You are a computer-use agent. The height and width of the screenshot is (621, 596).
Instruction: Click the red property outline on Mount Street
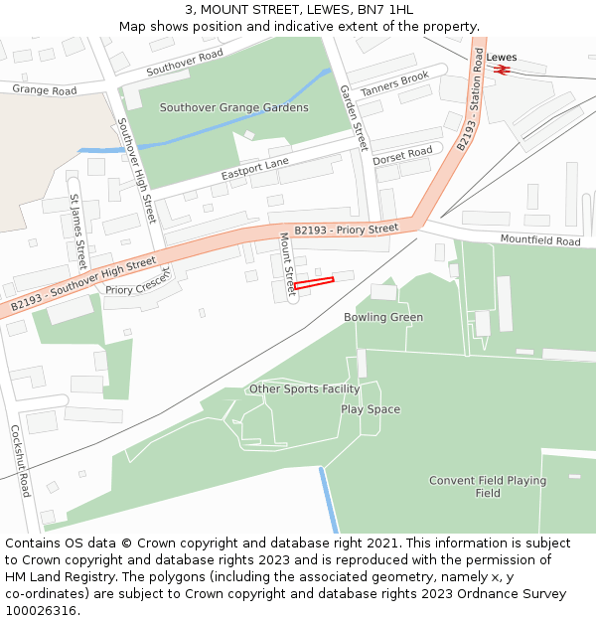click(313, 283)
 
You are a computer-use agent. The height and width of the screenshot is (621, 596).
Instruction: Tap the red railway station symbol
click(502, 70)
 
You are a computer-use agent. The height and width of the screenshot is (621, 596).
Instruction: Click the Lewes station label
click(502, 58)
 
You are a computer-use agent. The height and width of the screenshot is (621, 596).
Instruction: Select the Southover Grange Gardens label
click(234, 107)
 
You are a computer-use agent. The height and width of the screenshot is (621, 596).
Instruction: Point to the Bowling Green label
click(383, 318)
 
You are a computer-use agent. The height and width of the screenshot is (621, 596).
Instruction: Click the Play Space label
click(371, 409)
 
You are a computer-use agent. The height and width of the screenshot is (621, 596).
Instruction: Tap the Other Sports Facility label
click(304, 389)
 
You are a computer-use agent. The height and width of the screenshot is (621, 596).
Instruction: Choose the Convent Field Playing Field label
click(488, 487)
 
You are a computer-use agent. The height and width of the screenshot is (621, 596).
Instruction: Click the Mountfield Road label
click(540, 240)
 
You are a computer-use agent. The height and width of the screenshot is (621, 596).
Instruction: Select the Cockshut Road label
click(20, 461)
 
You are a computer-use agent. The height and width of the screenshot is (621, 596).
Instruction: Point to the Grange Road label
click(45, 90)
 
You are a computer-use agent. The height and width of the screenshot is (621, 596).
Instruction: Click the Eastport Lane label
click(255, 169)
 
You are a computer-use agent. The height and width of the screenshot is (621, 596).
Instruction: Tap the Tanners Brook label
click(394, 83)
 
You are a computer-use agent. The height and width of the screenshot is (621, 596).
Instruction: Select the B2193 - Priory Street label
click(346, 230)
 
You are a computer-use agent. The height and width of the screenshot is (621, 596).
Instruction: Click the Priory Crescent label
click(138, 284)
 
